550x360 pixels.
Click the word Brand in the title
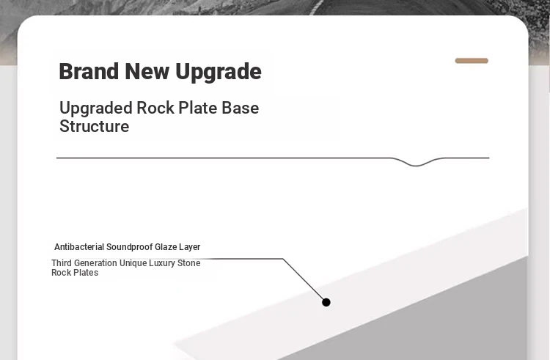point(89,72)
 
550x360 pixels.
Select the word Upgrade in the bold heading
point(219,73)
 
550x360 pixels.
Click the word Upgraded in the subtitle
point(95,109)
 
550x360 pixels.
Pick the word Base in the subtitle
point(241,108)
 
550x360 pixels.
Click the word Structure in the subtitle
point(95,126)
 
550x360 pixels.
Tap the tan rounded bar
point(472,61)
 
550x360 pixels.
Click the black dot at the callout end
point(326,302)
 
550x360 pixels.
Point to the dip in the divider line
point(417,165)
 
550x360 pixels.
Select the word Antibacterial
point(79,247)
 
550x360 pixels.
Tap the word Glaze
point(166,247)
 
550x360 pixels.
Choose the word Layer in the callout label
point(190,247)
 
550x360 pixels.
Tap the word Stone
point(189,263)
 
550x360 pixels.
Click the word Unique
point(133,263)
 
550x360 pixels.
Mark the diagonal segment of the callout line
point(304,279)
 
